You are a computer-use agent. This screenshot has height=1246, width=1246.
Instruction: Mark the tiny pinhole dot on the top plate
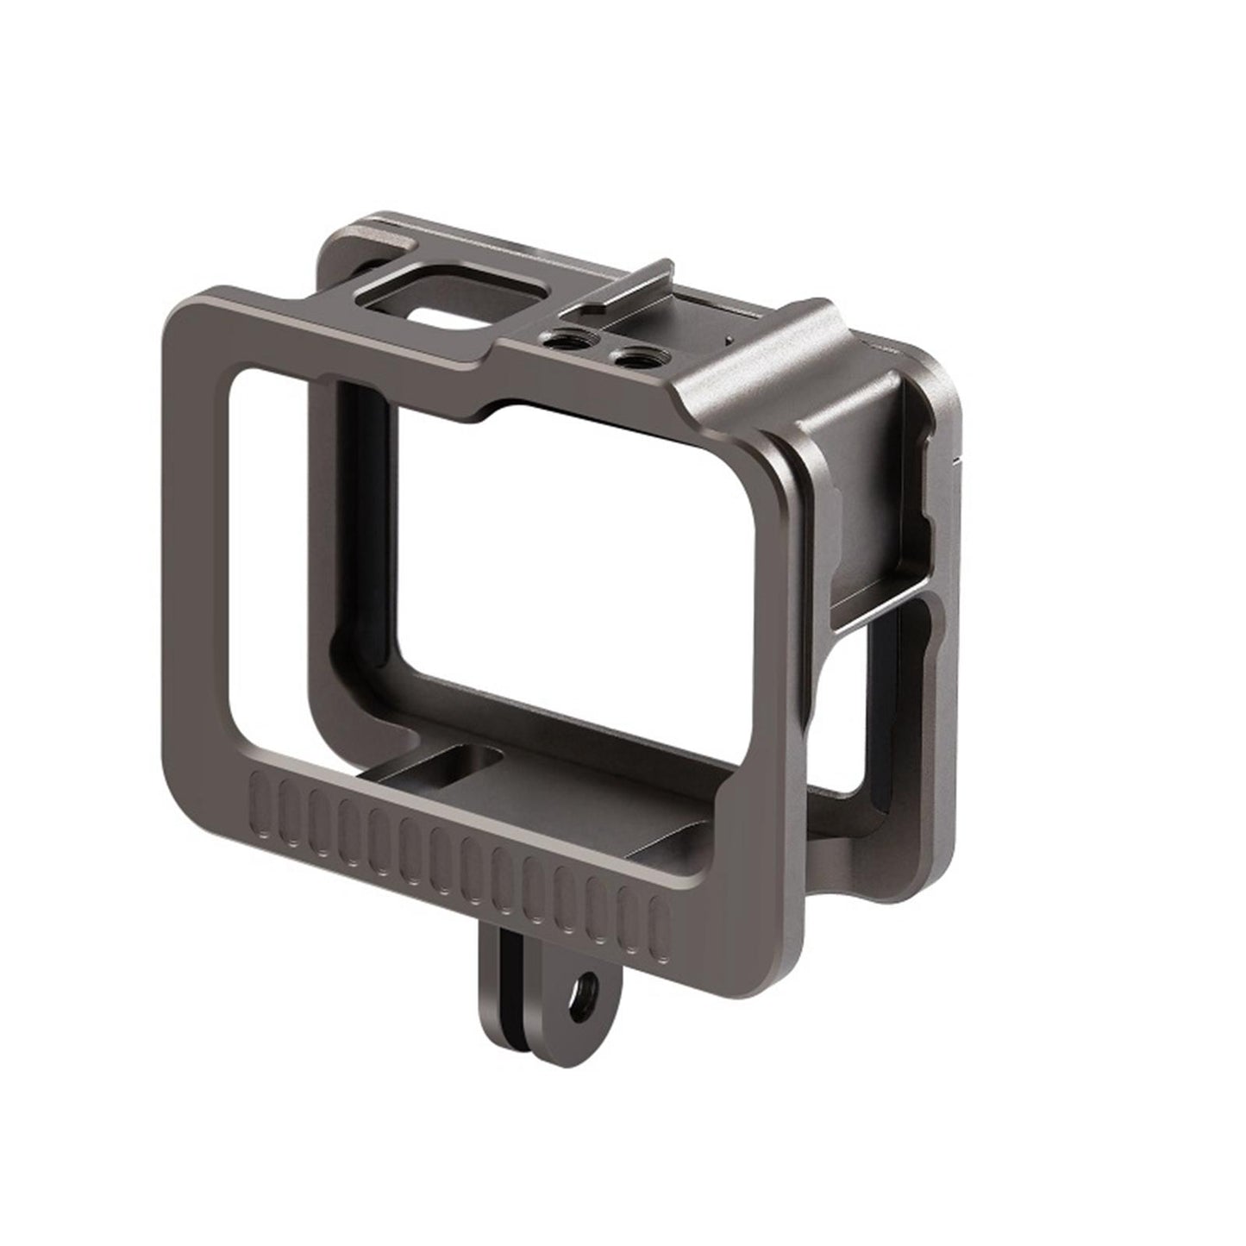(729, 341)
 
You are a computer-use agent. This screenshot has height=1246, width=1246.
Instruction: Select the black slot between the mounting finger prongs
(544, 974)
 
